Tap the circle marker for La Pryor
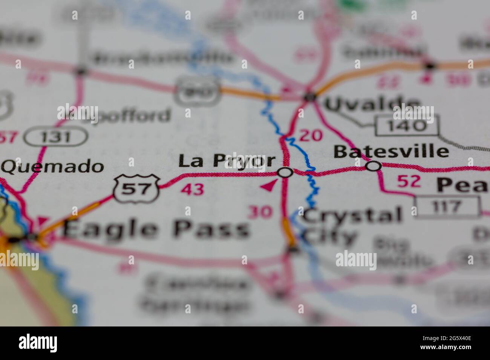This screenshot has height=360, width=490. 285,173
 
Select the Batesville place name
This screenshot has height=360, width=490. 391,151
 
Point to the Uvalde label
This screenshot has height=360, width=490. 372,104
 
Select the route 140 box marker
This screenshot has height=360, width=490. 407,126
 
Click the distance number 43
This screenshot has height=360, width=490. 193,189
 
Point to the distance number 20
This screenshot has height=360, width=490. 311,135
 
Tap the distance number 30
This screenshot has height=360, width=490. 260,212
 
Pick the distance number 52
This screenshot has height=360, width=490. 409,182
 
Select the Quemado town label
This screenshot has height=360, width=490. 52,166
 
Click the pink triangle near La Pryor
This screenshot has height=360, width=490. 269,186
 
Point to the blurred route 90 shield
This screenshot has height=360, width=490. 198,90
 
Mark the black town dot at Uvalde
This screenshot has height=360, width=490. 310,97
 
